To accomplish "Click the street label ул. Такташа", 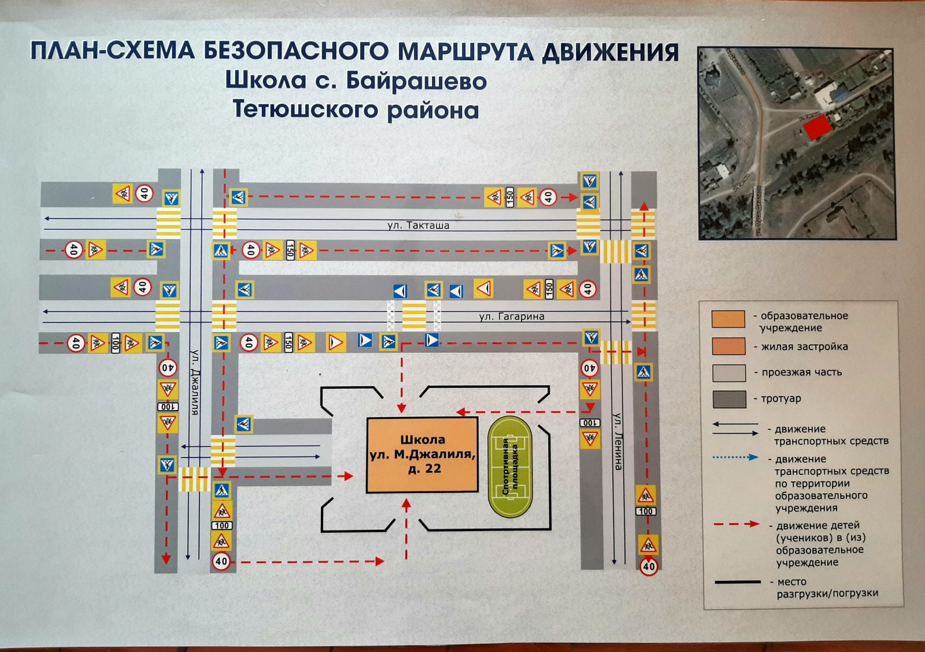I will click(x=418, y=226).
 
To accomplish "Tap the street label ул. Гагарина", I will click(x=511, y=316).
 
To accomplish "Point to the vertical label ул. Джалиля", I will click(x=195, y=382).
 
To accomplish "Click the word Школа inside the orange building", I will click(x=423, y=440).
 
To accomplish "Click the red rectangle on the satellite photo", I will click(x=816, y=127).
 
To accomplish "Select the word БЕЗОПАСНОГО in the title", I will click(x=295, y=51).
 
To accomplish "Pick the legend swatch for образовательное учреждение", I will click(x=728, y=319).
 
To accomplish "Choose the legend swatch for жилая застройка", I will click(x=728, y=346).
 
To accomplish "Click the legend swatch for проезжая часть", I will click(x=728, y=373).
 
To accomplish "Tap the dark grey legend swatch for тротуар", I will click(x=728, y=399).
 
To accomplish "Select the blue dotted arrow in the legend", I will click(x=735, y=457).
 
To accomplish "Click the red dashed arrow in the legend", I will click(x=736, y=524).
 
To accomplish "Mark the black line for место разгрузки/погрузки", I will click(x=737, y=582).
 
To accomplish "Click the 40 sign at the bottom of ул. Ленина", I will click(x=649, y=566).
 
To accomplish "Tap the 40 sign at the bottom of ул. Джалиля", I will click(x=221, y=561).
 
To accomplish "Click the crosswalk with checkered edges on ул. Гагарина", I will click(x=413, y=315).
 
